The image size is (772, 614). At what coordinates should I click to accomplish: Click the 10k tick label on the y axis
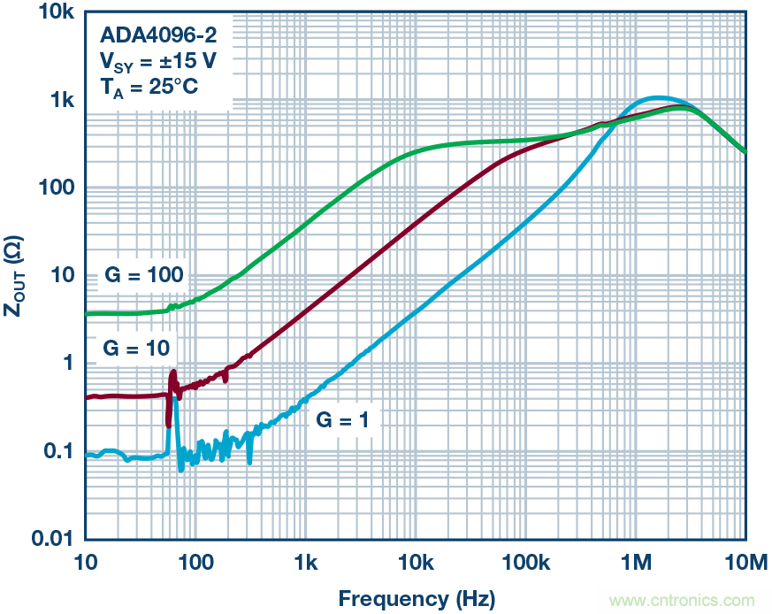(x=50, y=13)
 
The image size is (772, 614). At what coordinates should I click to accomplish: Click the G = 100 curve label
(x=143, y=275)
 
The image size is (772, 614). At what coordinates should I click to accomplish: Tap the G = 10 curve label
(x=135, y=347)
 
